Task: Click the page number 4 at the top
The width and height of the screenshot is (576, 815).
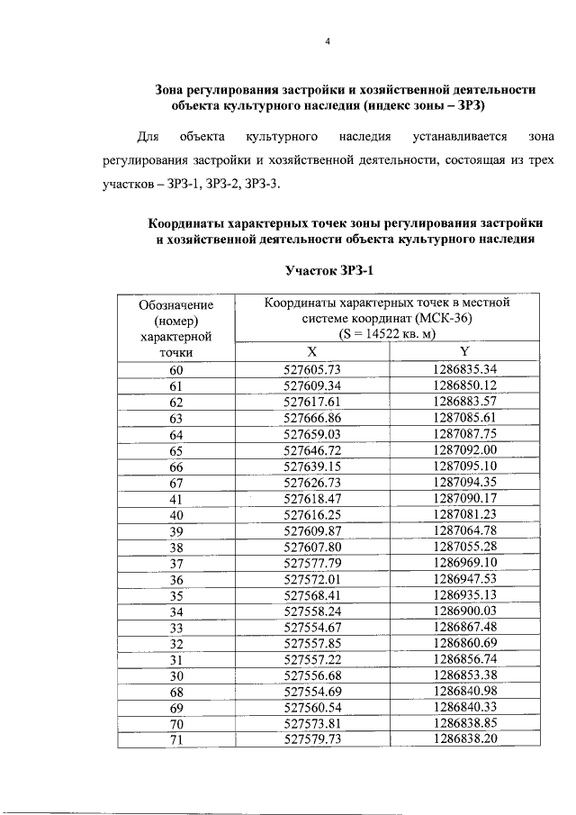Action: click(x=328, y=41)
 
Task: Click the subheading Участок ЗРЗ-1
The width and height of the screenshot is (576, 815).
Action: click(x=328, y=270)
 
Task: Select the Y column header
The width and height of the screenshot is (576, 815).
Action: click(x=464, y=352)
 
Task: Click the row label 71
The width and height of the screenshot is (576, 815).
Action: click(x=175, y=738)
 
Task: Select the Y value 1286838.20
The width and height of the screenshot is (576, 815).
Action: click(x=464, y=738)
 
